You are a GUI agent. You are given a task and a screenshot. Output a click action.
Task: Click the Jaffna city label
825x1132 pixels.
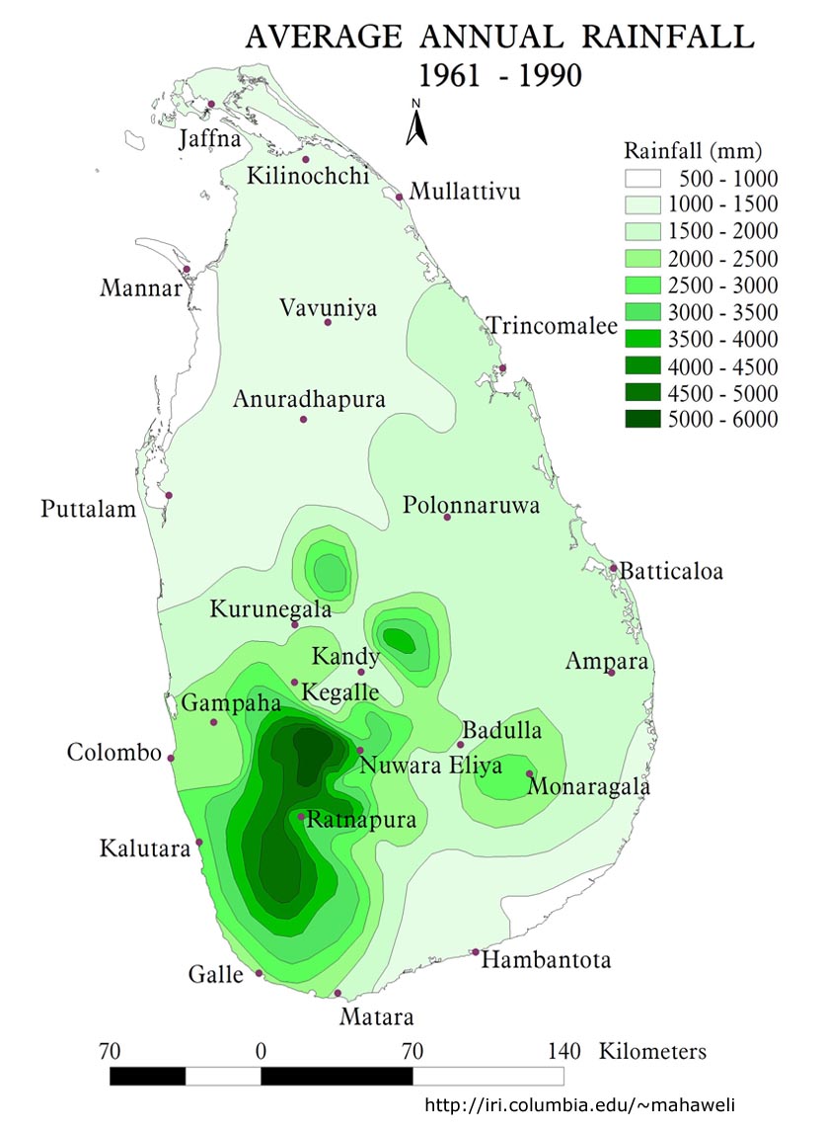click(209, 139)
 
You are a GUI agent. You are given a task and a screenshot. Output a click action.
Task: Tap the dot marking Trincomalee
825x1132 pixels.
click(502, 368)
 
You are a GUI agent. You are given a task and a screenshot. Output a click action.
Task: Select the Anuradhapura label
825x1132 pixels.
click(309, 399)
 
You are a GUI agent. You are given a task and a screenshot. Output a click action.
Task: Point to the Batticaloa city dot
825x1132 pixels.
click(613, 568)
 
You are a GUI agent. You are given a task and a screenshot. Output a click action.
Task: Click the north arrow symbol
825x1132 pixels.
click(417, 122)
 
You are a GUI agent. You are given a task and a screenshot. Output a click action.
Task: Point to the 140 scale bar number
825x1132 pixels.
click(563, 1050)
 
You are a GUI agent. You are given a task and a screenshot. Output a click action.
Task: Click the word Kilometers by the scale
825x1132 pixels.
click(652, 1050)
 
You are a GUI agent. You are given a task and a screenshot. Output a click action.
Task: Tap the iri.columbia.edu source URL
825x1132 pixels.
click(580, 1104)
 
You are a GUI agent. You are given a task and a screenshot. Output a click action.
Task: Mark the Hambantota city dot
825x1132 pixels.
click(476, 952)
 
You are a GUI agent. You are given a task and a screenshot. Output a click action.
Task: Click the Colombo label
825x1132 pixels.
click(113, 753)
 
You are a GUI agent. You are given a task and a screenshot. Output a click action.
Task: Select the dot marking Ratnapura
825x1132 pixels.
click(301, 816)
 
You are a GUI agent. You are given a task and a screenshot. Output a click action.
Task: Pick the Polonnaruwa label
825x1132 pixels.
click(472, 506)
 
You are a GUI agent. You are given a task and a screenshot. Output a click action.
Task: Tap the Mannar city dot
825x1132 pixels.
click(186, 269)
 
